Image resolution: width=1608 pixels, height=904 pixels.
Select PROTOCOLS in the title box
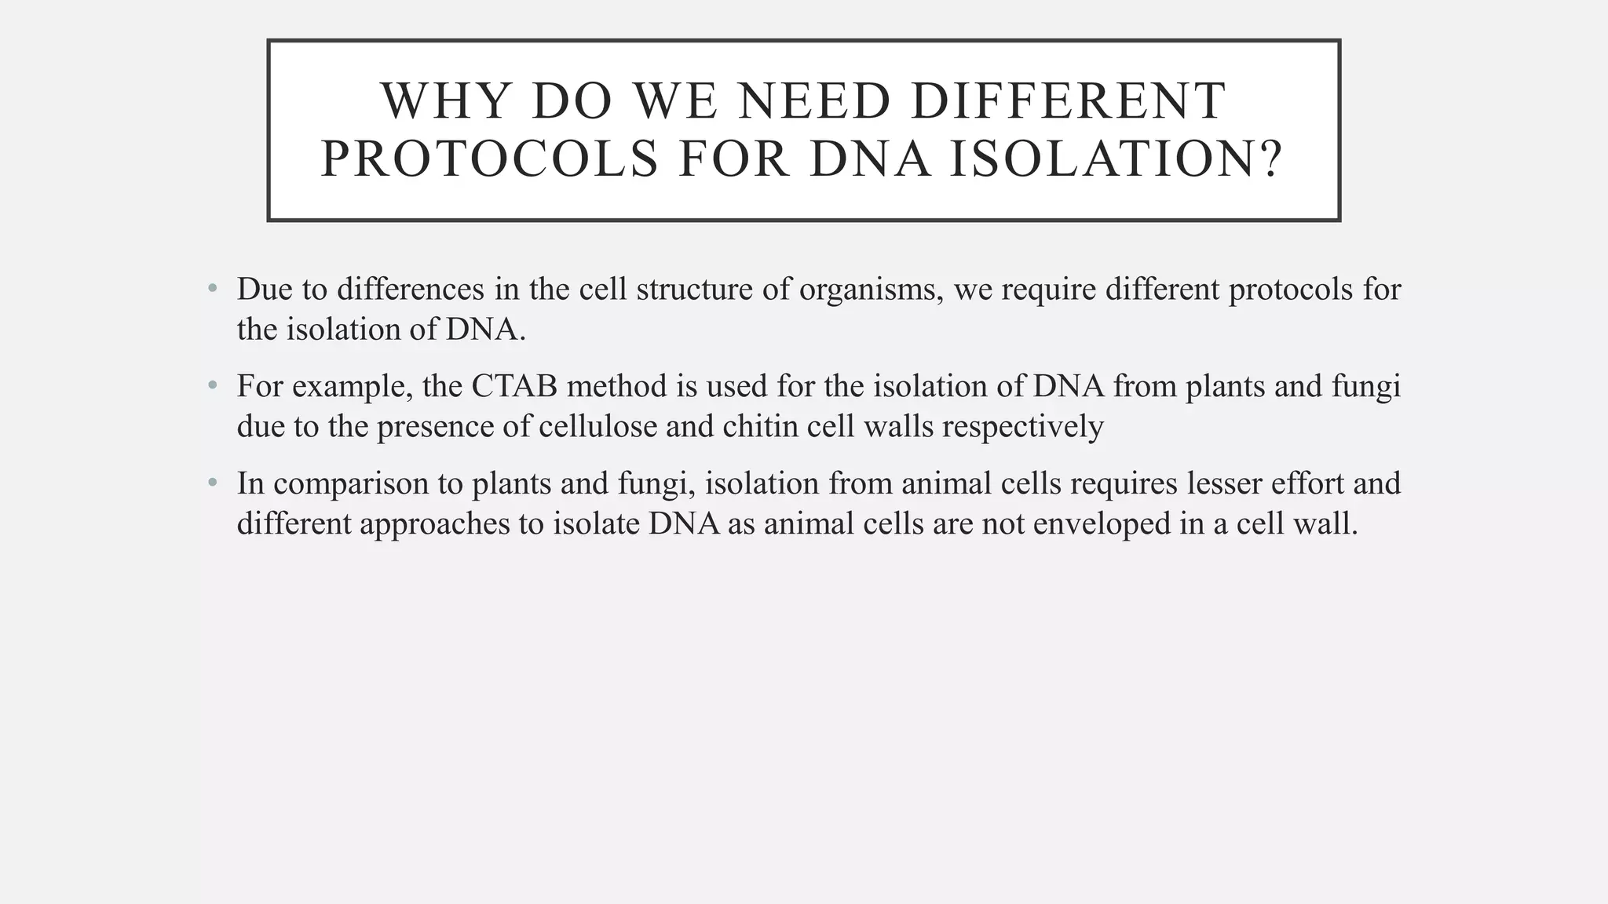pyautogui.click(x=490, y=159)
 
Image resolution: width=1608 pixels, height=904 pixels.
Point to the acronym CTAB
pyautogui.click(x=514, y=386)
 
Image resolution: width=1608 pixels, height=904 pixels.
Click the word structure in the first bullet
pyautogui.click(x=694, y=290)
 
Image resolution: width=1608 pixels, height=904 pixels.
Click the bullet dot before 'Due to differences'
pyautogui.click(x=212, y=290)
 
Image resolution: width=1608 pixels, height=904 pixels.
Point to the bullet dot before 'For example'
pyautogui.click(x=212, y=386)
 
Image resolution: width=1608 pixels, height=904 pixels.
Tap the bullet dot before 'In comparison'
pyautogui.click(x=212, y=483)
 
